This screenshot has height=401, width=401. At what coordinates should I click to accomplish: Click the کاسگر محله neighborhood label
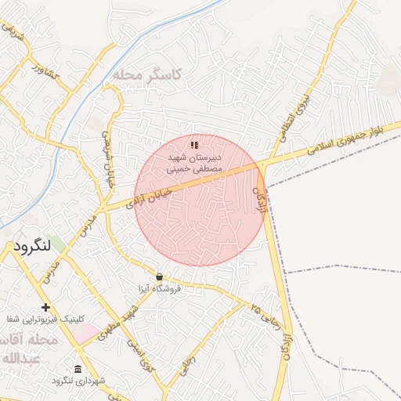click(146, 74)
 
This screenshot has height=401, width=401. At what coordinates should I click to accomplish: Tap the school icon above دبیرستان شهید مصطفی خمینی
click(194, 145)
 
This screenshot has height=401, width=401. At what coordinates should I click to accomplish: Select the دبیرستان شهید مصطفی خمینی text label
click(194, 162)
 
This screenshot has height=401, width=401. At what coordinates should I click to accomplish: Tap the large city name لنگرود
click(32, 246)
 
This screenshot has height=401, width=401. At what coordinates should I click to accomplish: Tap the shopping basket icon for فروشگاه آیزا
click(160, 276)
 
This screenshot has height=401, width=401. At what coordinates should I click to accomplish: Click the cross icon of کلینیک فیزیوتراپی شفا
click(45, 307)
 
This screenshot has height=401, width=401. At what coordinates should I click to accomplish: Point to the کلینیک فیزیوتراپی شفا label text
click(45, 320)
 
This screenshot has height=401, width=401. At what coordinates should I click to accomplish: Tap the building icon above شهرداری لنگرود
click(78, 369)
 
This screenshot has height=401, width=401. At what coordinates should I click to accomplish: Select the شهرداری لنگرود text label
click(78, 381)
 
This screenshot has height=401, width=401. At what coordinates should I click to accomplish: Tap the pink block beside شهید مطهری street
click(88, 333)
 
